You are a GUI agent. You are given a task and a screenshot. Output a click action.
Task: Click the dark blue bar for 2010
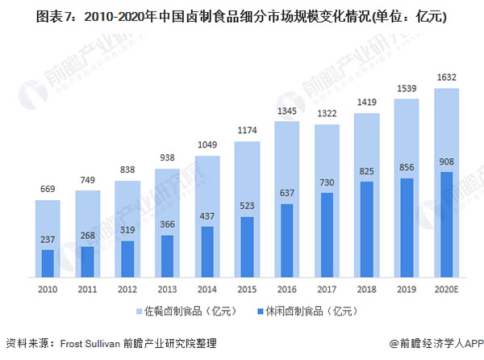pyautogui.click(x=48, y=262)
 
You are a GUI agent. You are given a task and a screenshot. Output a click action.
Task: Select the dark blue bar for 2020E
pyautogui.click(x=447, y=223)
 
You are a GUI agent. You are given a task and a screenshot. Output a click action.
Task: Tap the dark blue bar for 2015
pyautogui.click(x=248, y=245)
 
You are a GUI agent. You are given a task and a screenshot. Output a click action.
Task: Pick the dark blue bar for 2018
pyautogui.click(x=367, y=228)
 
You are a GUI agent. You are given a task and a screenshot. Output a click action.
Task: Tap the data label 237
pyautogui.click(x=48, y=239)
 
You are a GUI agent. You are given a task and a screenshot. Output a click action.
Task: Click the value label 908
pyautogui.click(x=447, y=161)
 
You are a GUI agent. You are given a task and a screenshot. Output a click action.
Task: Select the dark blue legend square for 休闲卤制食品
pyautogui.click(x=262, y=309)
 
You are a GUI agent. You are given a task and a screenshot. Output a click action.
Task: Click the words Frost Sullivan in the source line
pyautogui.click(x=88, y=344)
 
